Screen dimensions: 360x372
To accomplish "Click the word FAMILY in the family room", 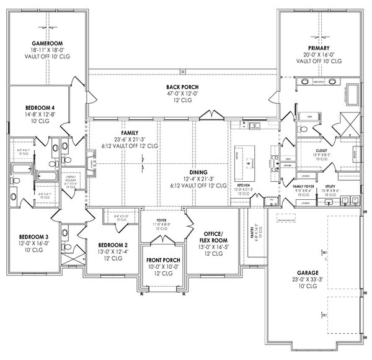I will point(130,133).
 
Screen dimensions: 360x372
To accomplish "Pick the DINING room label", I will point(199,172).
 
